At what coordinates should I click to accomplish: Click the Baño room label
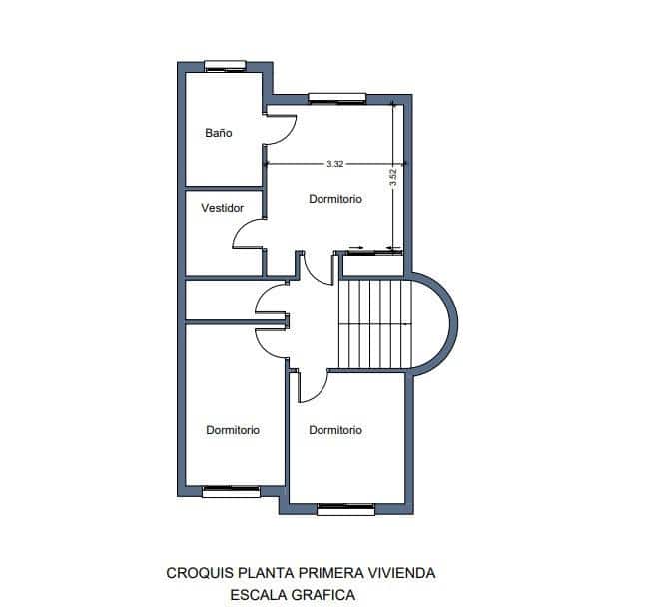pos(219,132)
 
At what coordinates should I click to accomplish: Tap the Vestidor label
pos(222,208)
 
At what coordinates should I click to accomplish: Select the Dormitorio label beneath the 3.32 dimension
pos(334,199)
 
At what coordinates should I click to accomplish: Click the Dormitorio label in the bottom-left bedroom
pos(233,430)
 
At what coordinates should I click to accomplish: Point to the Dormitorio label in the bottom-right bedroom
pos(334,430)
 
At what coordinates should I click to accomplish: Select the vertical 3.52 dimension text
pos(394,178)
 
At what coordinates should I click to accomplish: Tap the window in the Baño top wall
pos(226,66)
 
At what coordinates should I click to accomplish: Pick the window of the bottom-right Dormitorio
pos(345,509)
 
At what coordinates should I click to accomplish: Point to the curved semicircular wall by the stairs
pos(450,321)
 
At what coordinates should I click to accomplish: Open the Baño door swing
pos(282,128)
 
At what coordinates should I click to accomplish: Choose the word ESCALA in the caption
pos(258,594)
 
